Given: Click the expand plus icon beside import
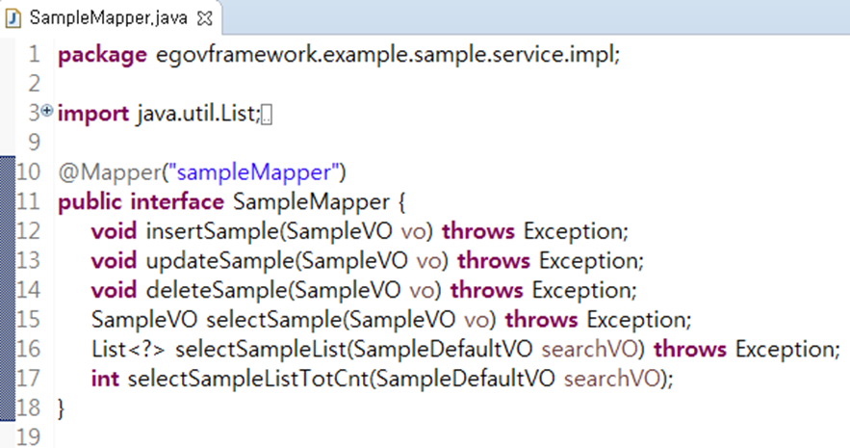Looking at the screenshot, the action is (47, 112).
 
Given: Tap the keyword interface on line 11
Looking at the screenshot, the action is (177, 202).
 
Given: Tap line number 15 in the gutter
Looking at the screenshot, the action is (28, 320).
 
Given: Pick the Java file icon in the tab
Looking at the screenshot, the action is (14, 16).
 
